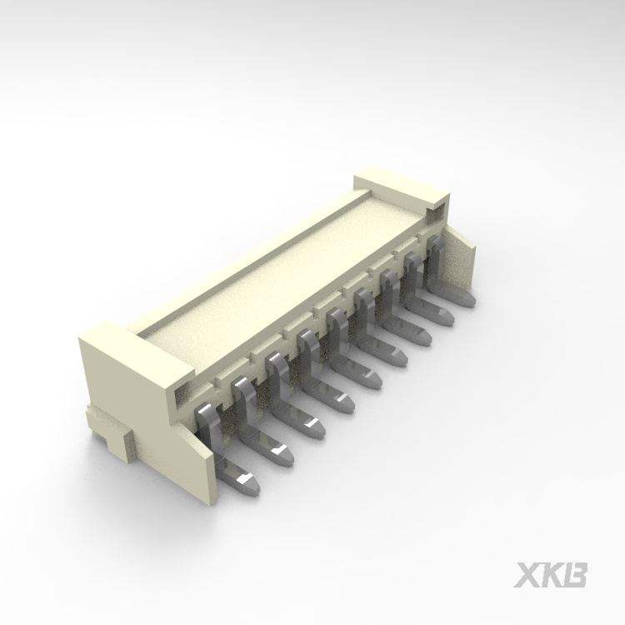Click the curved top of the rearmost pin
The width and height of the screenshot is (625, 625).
pos(434,242)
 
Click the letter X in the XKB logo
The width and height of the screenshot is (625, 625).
pos(528,574)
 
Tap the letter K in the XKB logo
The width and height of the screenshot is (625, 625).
pos(552,574)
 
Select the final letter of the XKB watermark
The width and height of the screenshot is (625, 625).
pos(576,574)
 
